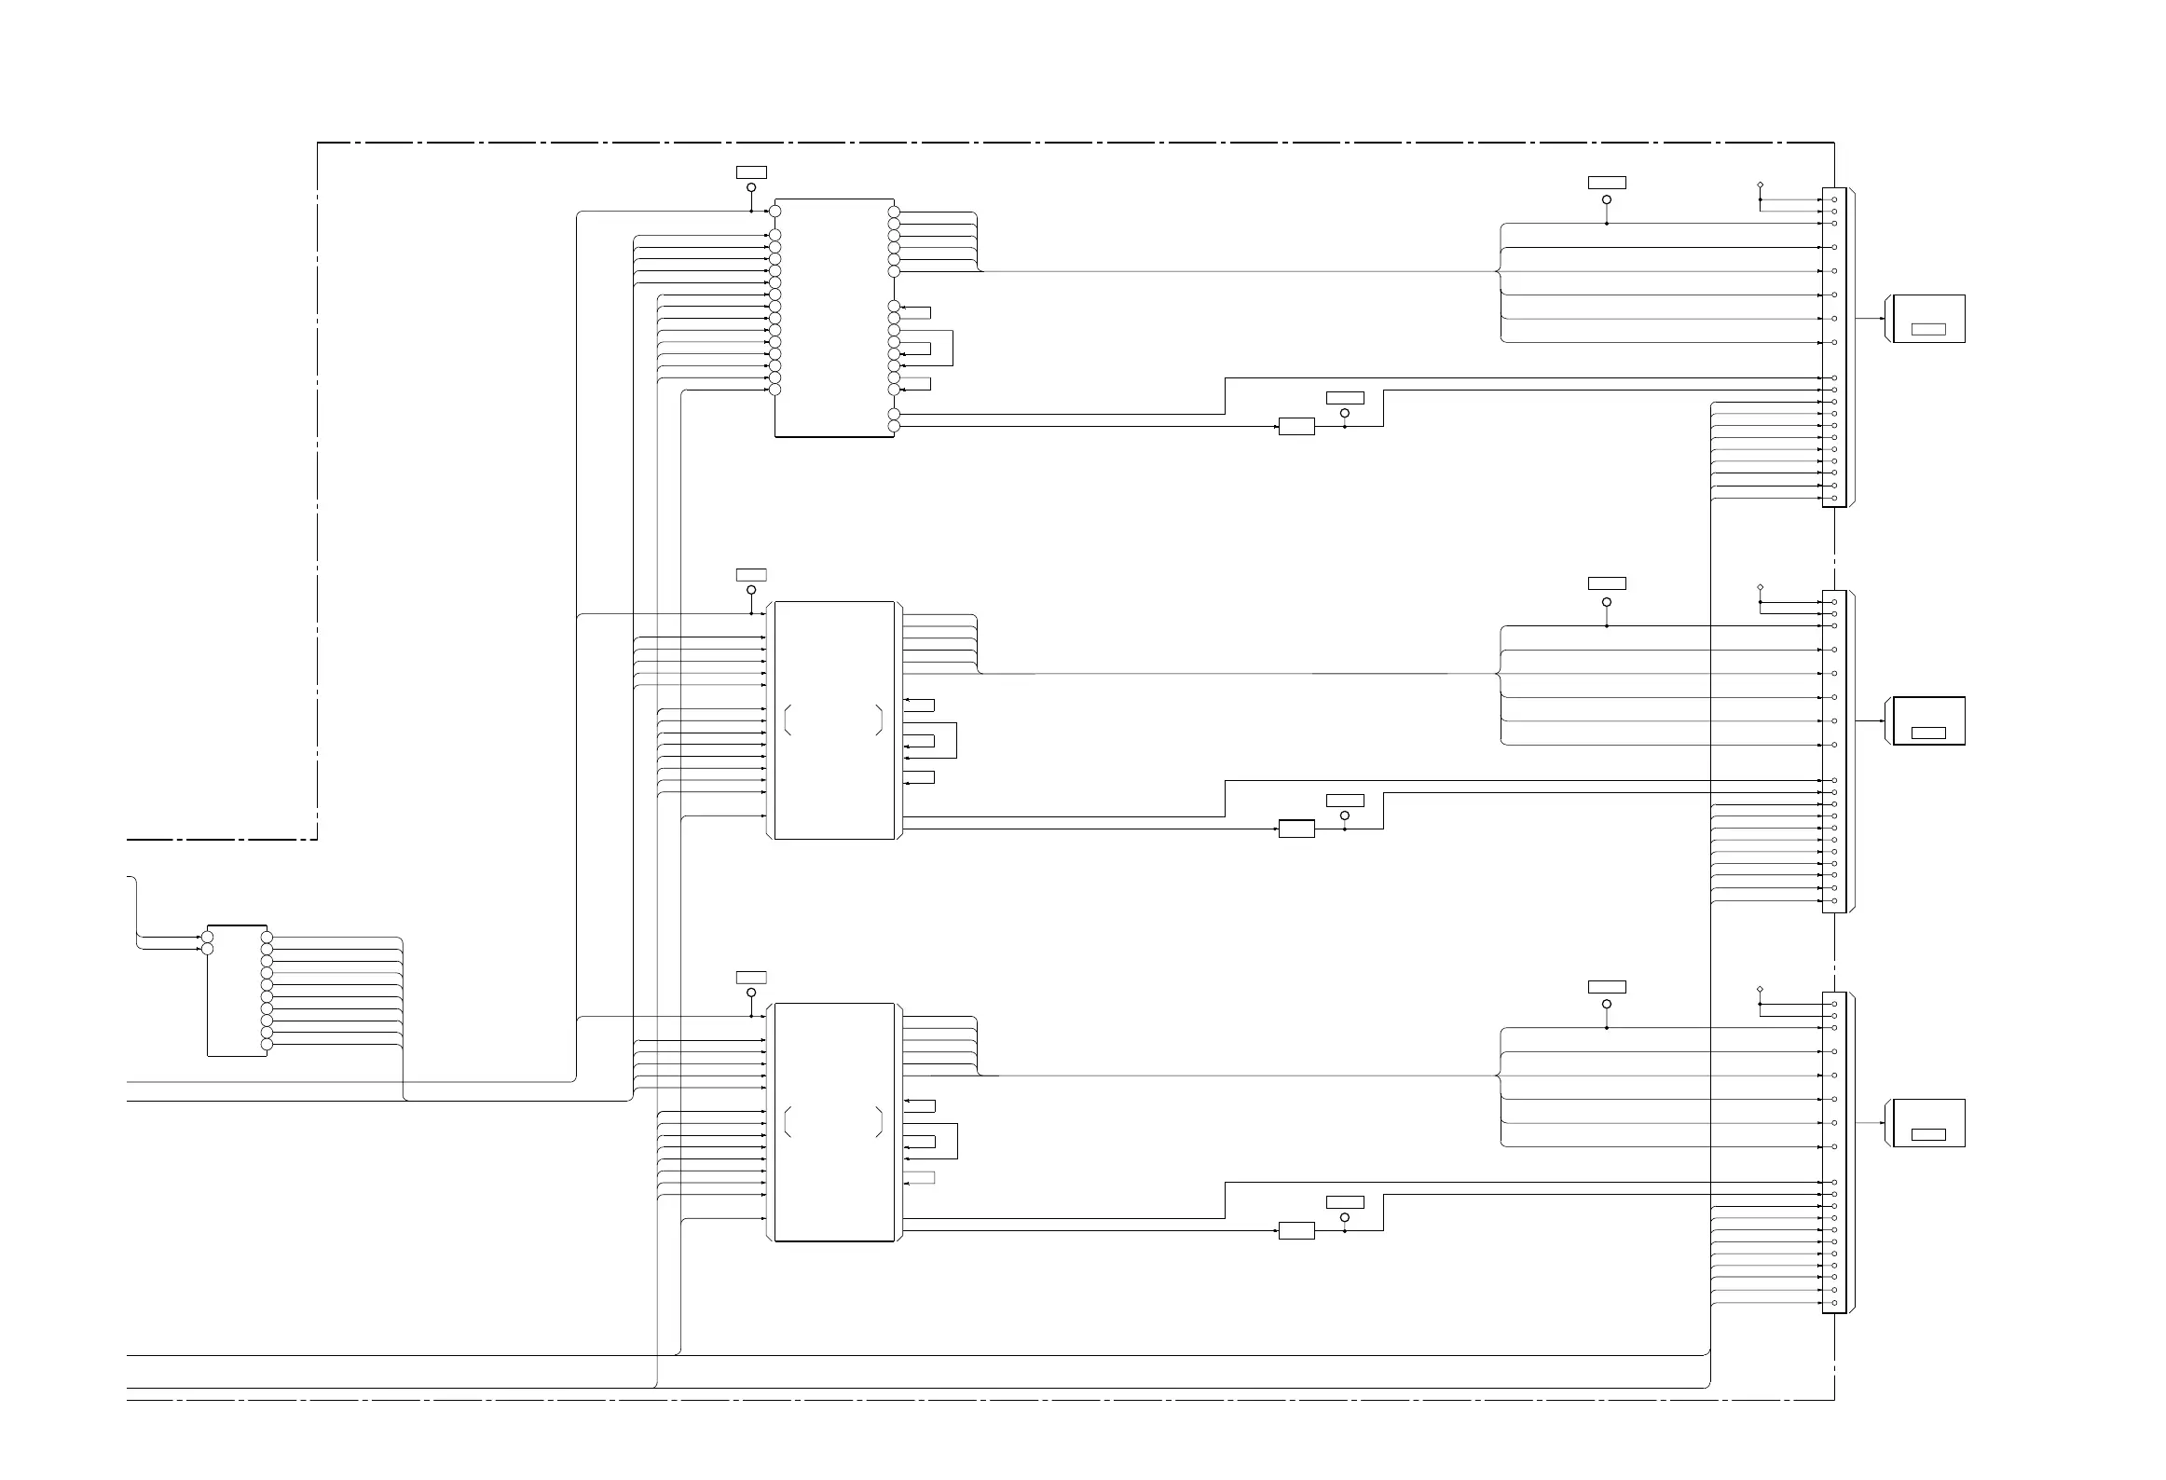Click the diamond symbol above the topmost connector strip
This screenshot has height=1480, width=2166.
click(1760, 185)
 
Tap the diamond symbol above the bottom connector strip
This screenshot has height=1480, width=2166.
click(1760, 989)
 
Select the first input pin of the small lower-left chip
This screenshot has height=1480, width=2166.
click(208, 937)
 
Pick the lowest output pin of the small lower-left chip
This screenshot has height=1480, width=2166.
click(267, 1045)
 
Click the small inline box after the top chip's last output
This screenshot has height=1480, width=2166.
click(1296, 427)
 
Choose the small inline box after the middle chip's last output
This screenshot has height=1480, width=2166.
click(1296, 829)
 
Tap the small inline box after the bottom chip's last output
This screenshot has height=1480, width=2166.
click(1296, 1230)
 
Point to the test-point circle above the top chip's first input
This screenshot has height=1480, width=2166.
click(751, 187)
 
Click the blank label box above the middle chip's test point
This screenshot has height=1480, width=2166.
click(751, 575)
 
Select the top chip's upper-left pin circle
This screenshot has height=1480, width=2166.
click(775, 212)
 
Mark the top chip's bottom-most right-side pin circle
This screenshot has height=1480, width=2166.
click(894, 427)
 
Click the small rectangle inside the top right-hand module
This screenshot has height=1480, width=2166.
click(1928, 329)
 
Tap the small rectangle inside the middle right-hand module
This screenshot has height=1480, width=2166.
click(1928, 733)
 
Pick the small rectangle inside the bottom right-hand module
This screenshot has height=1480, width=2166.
click(1928, 1134)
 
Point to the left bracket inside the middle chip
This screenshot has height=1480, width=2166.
click(788, 720)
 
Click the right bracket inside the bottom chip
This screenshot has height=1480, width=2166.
click(879, 1122)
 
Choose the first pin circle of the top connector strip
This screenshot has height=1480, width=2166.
click(1834, 199)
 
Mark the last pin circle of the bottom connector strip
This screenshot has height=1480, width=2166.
click(1834, 1303)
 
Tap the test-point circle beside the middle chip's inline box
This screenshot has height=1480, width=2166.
click(1344, 815)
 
